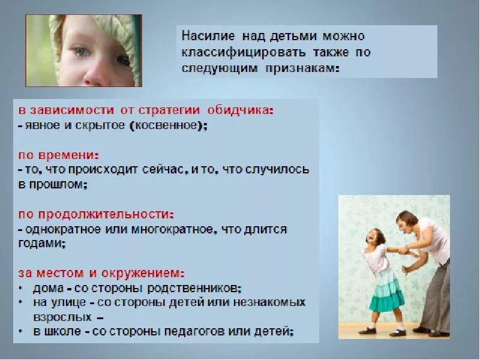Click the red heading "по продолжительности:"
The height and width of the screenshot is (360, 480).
pyautogui.click(x=95, y=214)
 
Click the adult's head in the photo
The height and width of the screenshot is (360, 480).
pyautogui.click(x=406, y=223)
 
